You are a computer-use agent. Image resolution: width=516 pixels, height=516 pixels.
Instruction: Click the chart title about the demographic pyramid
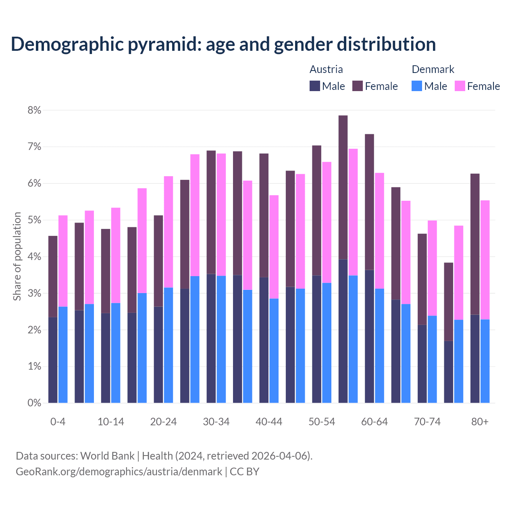223,44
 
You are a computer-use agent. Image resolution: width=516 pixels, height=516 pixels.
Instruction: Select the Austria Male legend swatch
315,86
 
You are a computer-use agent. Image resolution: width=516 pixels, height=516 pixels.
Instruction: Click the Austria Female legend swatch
358,86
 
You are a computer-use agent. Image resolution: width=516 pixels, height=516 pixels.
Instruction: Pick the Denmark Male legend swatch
417,86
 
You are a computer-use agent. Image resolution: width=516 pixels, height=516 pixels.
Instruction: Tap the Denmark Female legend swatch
460,86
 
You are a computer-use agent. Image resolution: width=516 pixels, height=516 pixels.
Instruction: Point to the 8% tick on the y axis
34,110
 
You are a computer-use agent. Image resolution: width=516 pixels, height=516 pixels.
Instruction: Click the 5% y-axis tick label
34,220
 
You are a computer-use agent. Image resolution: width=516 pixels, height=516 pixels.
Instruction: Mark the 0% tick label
34,403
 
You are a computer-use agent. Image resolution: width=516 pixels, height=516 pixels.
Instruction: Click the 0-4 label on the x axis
58,422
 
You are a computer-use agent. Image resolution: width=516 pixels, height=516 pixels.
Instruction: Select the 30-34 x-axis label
216,422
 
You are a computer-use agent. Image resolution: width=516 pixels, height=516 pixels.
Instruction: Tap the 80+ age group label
480,422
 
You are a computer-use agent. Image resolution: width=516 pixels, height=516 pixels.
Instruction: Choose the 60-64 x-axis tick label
375,422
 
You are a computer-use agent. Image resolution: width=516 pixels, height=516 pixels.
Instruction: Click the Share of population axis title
17,256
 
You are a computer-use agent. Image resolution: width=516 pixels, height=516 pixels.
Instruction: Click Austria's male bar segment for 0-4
53,360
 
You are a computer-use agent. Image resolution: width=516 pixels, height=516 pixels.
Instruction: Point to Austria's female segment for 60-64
369,202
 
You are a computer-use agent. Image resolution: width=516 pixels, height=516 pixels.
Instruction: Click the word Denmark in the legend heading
433,69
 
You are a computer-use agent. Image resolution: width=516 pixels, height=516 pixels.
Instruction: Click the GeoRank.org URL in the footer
119,471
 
